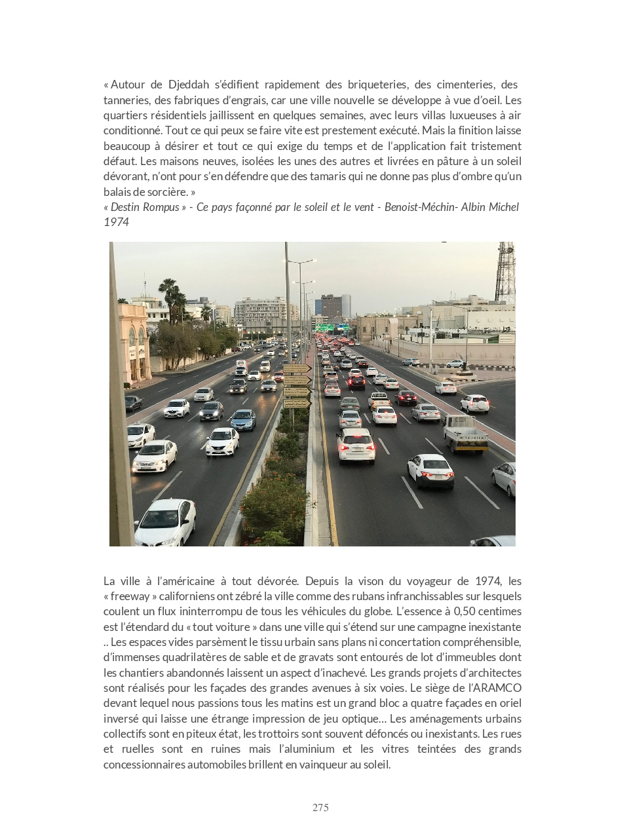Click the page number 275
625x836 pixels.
(320, 808)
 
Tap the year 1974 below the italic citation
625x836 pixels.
(116, 222)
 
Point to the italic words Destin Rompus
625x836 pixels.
(145, 207)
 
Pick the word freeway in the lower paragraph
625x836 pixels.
(130, 596)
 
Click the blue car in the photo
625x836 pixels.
(243, 419)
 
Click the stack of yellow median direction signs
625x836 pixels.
(296, 387)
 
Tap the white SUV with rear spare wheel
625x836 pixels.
(474, 402)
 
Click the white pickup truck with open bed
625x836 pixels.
(379, 399)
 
